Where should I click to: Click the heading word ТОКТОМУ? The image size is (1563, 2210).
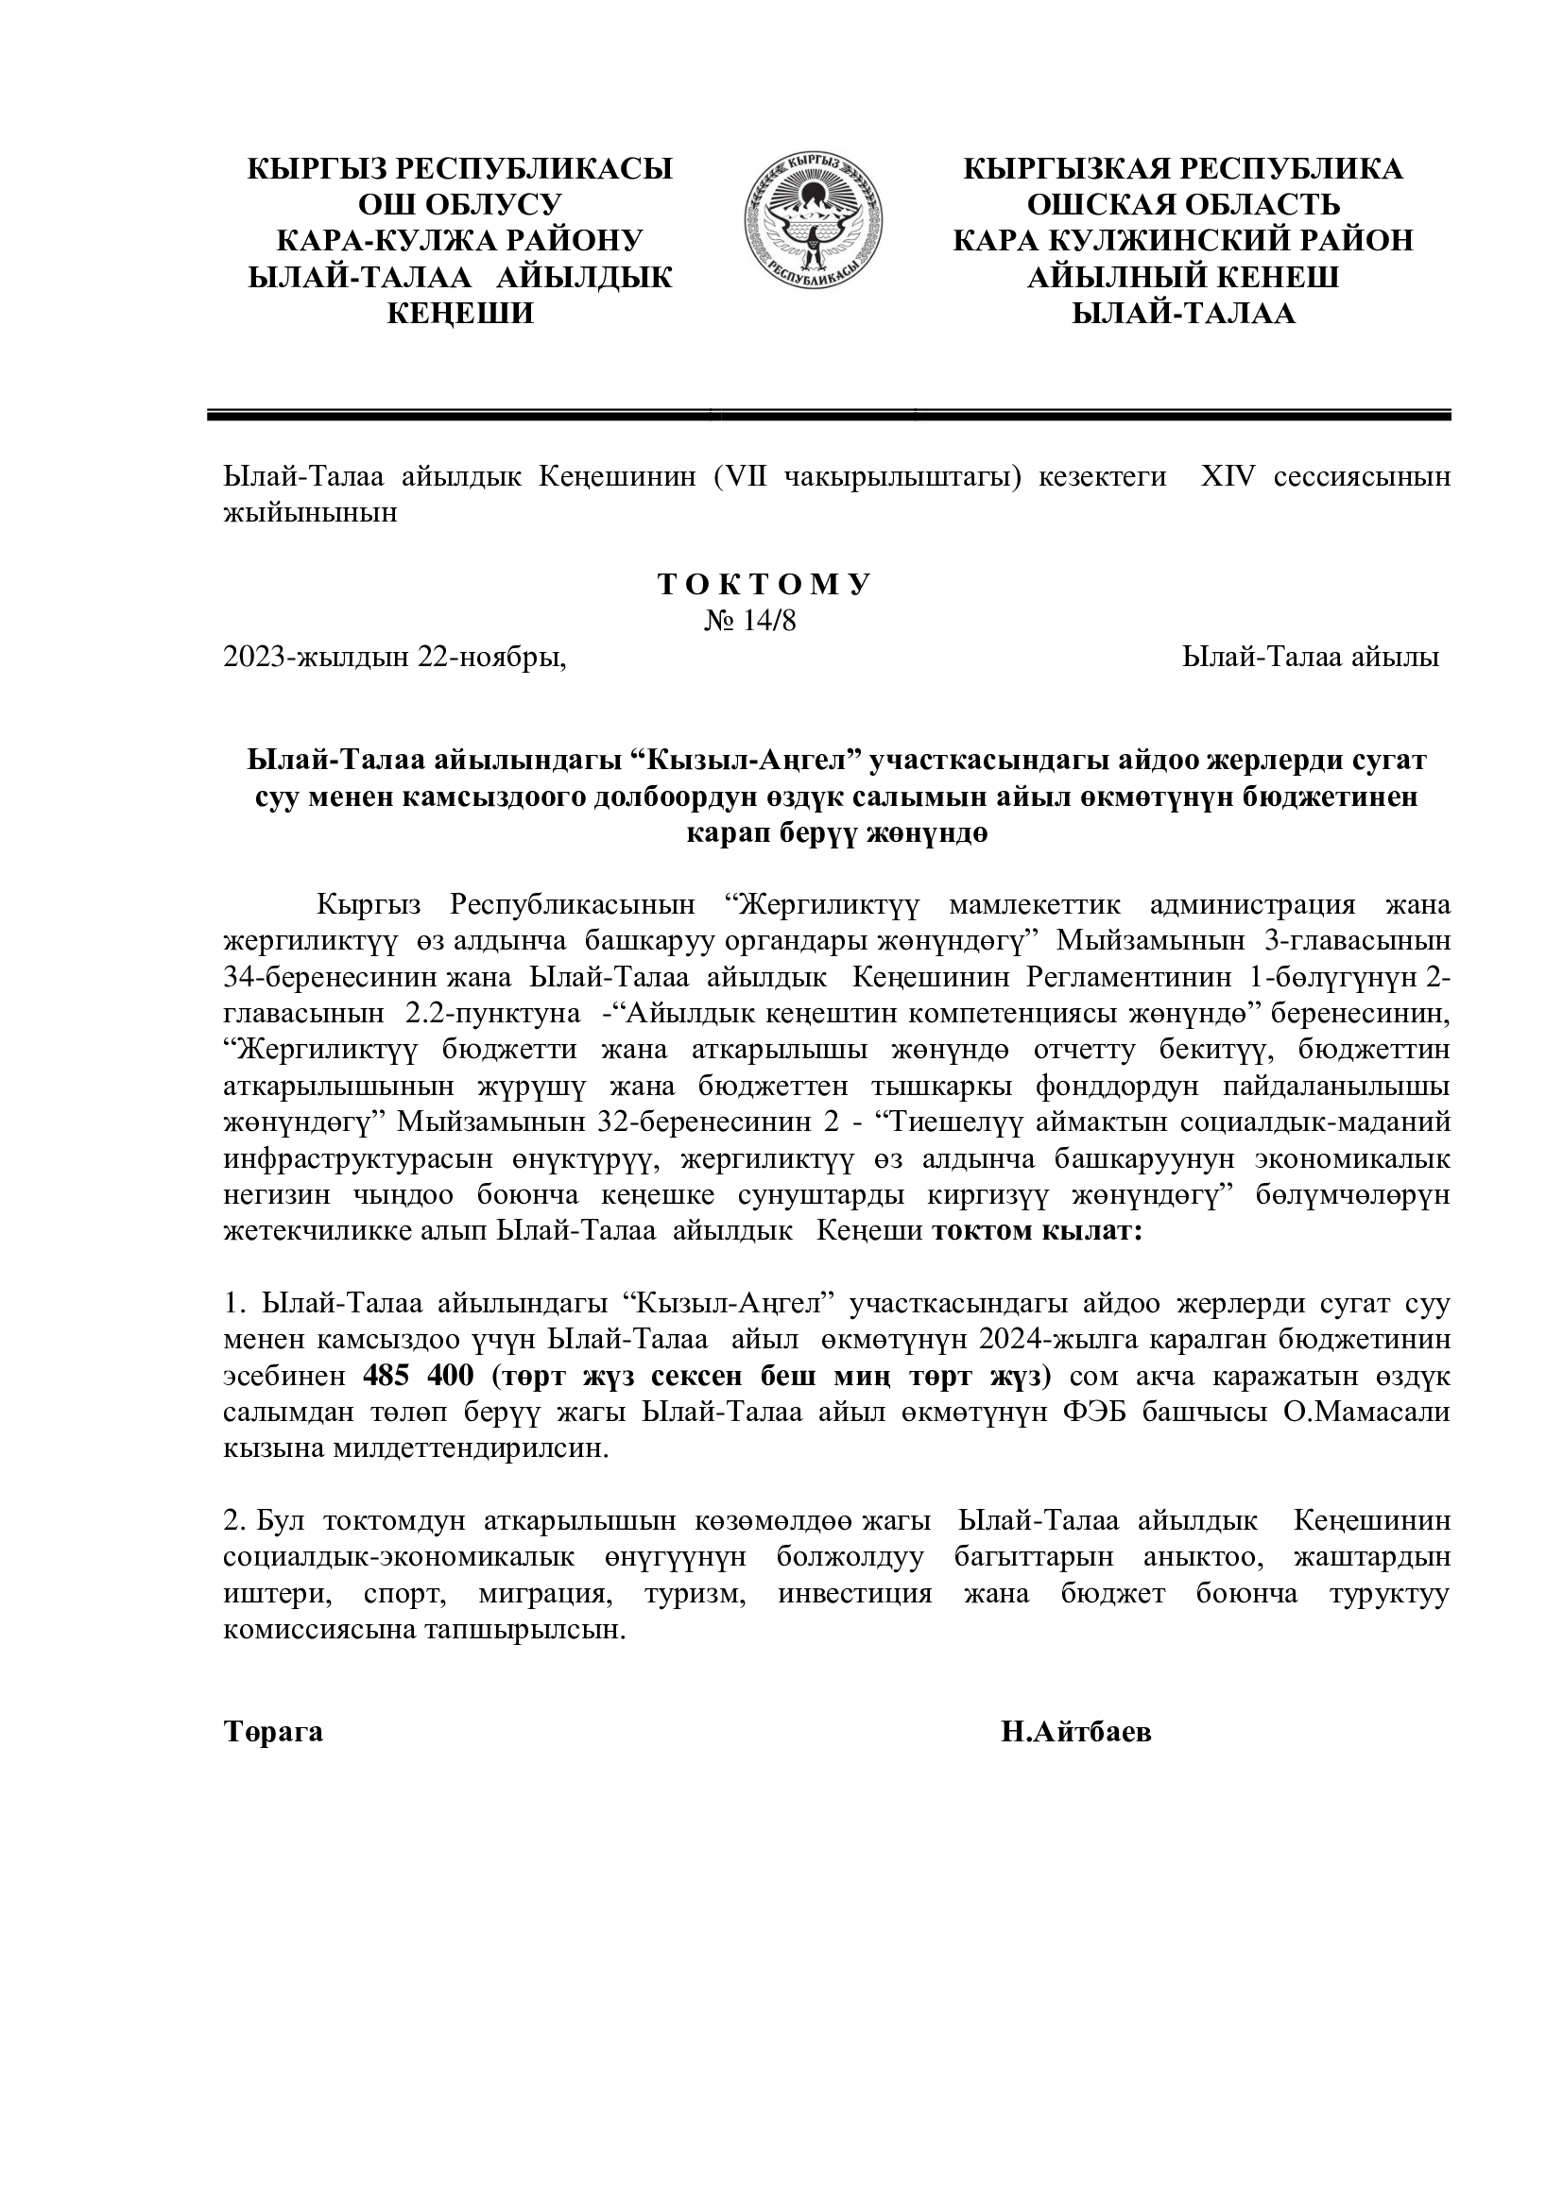(764, 585)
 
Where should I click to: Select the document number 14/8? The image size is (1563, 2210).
(765, 621)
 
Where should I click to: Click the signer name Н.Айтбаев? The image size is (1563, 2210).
(1076, 1733)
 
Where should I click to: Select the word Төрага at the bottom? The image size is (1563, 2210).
(273, 1733)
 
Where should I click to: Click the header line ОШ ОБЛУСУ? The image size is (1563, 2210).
(460, 205)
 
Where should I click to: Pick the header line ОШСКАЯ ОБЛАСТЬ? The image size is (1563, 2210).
(1183, 205)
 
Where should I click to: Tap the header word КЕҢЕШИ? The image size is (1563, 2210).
(460, 314)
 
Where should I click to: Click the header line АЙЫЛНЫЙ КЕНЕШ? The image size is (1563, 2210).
(1183, 278)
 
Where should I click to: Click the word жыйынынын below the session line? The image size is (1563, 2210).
(310, 513)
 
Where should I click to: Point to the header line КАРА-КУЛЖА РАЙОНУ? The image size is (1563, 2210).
(460, 241)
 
